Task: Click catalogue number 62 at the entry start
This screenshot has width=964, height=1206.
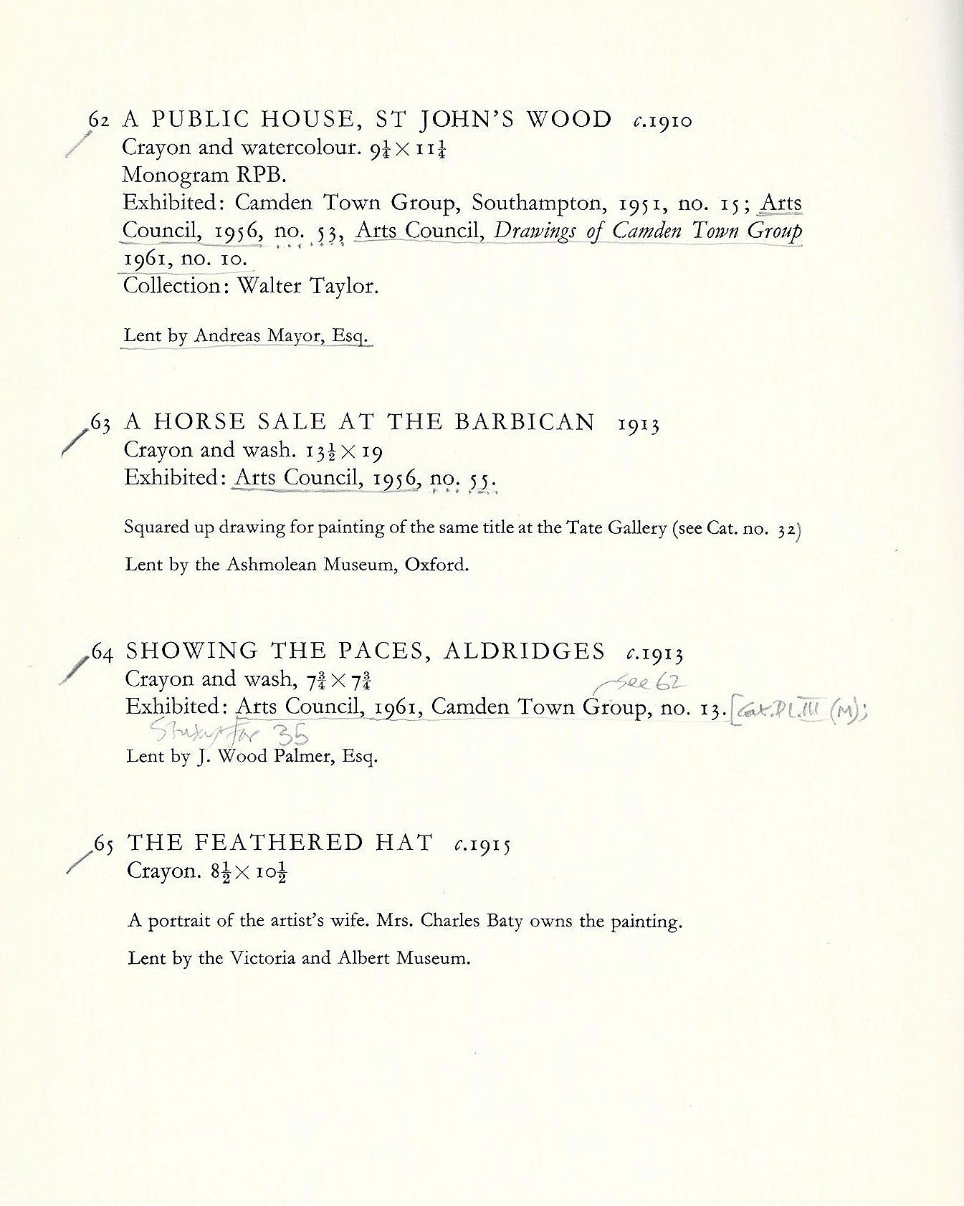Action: coord(99,120)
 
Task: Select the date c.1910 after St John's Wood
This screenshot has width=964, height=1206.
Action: coord(663,120)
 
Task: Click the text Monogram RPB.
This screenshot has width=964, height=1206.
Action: coord(204,175)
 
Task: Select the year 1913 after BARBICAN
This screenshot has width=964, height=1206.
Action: coord(639,424)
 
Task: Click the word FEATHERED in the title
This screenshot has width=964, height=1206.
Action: coord(280,842)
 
